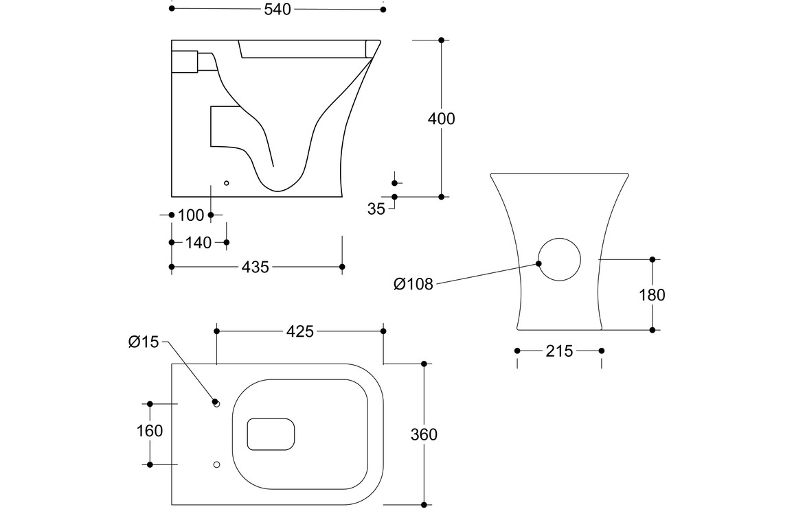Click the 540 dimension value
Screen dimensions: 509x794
coord(277,9)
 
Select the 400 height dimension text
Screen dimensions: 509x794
coord(441,119)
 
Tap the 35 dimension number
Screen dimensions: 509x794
coord(376,209)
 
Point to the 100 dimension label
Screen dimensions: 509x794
coord(190,215)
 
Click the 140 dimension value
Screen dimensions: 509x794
coord(198,242)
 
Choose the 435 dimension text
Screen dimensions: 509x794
coord(256,267)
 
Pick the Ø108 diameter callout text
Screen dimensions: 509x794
coord(413,284)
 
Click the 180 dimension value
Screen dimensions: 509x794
coord(652,295)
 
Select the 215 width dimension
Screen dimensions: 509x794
coord(559,351)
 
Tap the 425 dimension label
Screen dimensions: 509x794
coord(299,331)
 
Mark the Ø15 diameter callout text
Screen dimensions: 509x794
coord(144,342)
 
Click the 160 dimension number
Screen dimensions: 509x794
coord(150,431)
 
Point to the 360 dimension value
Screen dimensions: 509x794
coord(424,434)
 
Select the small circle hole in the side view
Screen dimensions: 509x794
coord(227,183)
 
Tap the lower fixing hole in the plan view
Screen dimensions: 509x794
coord(217,464)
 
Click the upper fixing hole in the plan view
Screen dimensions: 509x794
coord(217,405)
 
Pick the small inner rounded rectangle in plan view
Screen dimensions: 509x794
coord(271,434)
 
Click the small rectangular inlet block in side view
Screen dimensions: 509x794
coord(184,62)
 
